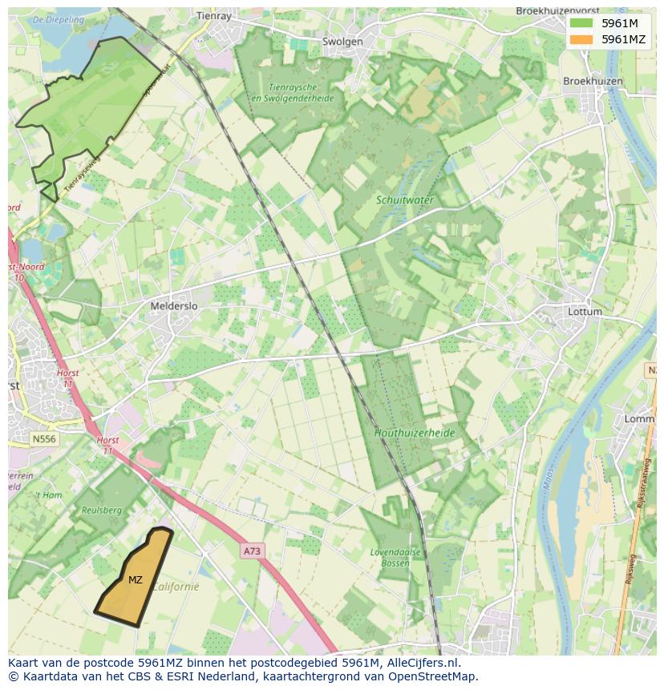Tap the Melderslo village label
[x=174, y=306]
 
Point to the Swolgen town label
[x=342, y=42]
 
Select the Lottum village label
[x=584, y=311]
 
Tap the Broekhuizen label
[x=593, y=81]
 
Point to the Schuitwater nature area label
[x=405, y=200]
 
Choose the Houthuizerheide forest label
[x=415, y=433]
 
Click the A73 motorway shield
[x=252, y=551]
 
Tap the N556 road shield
[x=44, y=439]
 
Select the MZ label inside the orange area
[x=136, y=579]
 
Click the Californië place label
[x=175, y=586]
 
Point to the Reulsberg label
[x=101, y=510]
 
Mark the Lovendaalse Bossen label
[x=391, y=558]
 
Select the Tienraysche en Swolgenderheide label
[x=280, y=92]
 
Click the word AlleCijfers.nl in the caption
[x=419, y=663]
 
